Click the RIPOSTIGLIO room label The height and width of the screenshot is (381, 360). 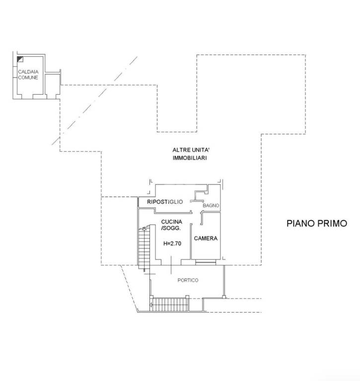[x=165, y=202]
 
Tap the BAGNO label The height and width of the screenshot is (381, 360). [x=211, y=205]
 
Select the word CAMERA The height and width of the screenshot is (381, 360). [x=206, y=238]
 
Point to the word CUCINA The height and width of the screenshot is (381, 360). [x=172, y=222]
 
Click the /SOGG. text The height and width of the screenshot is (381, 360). [x=171, y=228]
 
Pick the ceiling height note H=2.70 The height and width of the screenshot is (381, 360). [x=172, y=244]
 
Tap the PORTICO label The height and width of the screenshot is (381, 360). [x=188, y=280]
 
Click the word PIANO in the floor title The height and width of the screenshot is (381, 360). [x=301, y=223]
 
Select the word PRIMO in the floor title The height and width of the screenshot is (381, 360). [x=333, y=223]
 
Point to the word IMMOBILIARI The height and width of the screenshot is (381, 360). [x=190, y=158]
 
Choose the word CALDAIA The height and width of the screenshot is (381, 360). [x=28, y=71]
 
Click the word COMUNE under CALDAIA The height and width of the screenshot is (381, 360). [x=28, y=77]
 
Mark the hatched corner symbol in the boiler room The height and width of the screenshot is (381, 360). [x=20, y=59]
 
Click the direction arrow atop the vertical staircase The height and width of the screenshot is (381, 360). [x=144, y=229]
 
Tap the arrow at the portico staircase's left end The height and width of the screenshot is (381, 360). [x=151, y=304]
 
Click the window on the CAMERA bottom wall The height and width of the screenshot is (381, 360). [x=206, y=262]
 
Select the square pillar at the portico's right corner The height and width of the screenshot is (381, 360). [x=224, y=297]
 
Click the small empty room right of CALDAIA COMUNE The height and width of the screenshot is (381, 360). [x=52, y=84]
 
